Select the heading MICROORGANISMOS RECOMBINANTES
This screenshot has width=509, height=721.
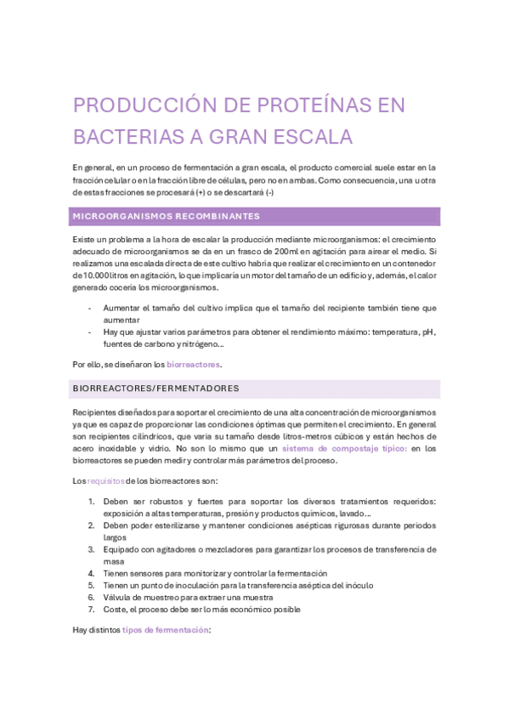coord(167,216)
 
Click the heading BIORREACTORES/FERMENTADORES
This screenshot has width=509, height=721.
coord(156,389)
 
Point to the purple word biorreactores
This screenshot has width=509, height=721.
coord(193,364)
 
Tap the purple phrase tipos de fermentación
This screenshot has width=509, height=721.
coord(165,629)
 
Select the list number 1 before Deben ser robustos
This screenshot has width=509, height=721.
coord(92,502)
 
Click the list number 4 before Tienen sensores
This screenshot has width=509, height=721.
coord(92,574)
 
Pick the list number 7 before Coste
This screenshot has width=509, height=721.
coord(92,610)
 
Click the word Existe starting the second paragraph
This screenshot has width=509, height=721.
coord(86,240)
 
